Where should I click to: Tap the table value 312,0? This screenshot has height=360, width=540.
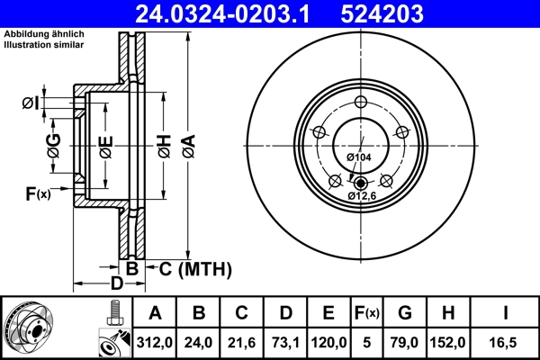155,343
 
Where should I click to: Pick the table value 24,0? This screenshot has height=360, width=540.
200,343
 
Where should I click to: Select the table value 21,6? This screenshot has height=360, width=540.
242,343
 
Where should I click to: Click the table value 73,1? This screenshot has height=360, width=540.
285,343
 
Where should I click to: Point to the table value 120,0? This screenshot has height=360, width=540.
328,343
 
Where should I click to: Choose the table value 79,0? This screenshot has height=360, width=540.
405,343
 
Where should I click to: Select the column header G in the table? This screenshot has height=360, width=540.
405,313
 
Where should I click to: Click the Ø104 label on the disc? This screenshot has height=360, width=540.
359,157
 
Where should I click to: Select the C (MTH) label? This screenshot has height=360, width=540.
195,268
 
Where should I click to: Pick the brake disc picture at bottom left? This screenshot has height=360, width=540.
28,328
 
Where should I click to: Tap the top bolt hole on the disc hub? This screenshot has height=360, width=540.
360,102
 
